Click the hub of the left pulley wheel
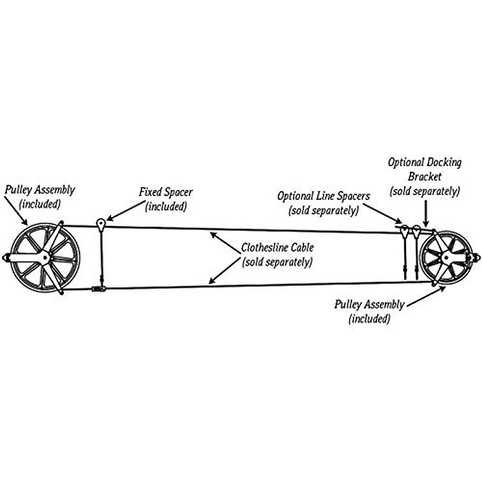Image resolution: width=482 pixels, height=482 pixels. point(44,257)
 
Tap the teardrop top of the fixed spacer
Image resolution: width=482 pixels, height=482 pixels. point(101,223)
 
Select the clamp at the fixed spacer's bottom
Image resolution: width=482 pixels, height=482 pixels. point(99,288)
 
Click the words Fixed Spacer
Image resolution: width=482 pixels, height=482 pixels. point(165,192)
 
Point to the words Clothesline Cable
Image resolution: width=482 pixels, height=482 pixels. point(277,247)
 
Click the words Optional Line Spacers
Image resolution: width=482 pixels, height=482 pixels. point(323,196)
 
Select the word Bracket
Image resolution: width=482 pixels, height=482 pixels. point(425,177)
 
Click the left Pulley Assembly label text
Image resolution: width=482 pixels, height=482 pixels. point(40,190)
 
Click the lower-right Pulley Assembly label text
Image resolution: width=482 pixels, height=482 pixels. point(369,305)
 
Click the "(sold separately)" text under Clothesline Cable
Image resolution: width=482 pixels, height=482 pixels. point(277,262)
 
